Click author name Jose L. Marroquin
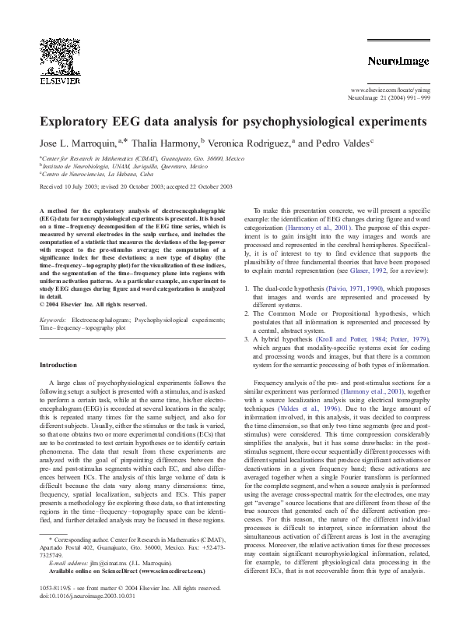click(77, 143)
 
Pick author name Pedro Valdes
click(342, 143)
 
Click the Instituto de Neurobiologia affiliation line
click(125, 166)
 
